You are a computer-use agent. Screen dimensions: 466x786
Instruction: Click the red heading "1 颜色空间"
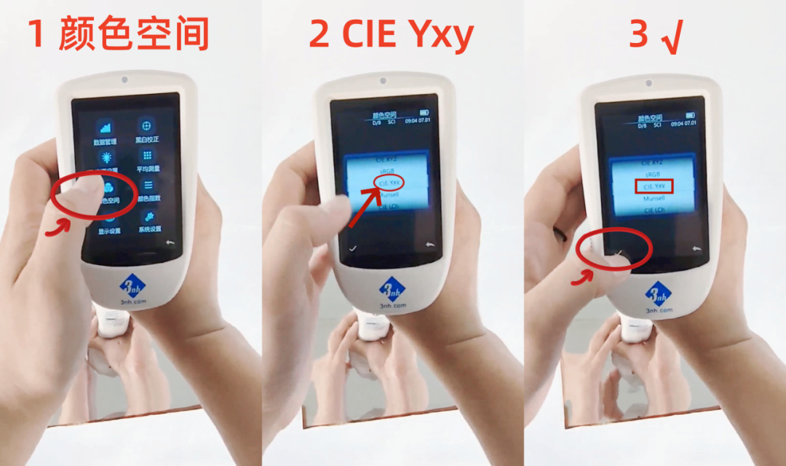pos(119,34)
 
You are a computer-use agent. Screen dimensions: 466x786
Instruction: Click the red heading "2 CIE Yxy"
pos(391,34)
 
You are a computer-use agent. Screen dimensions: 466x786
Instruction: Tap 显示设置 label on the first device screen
pos(109,231)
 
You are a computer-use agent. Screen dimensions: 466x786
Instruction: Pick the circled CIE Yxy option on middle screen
pos(389,182)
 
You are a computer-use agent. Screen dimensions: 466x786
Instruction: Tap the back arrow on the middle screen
pos(429,245)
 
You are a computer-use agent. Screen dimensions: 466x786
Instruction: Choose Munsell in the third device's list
pos(654,198)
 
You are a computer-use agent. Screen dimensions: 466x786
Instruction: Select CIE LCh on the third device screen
pos(654,210)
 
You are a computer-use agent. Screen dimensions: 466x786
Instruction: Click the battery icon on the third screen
pos(689,115)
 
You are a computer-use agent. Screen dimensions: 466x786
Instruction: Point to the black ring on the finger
pos(561,234)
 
